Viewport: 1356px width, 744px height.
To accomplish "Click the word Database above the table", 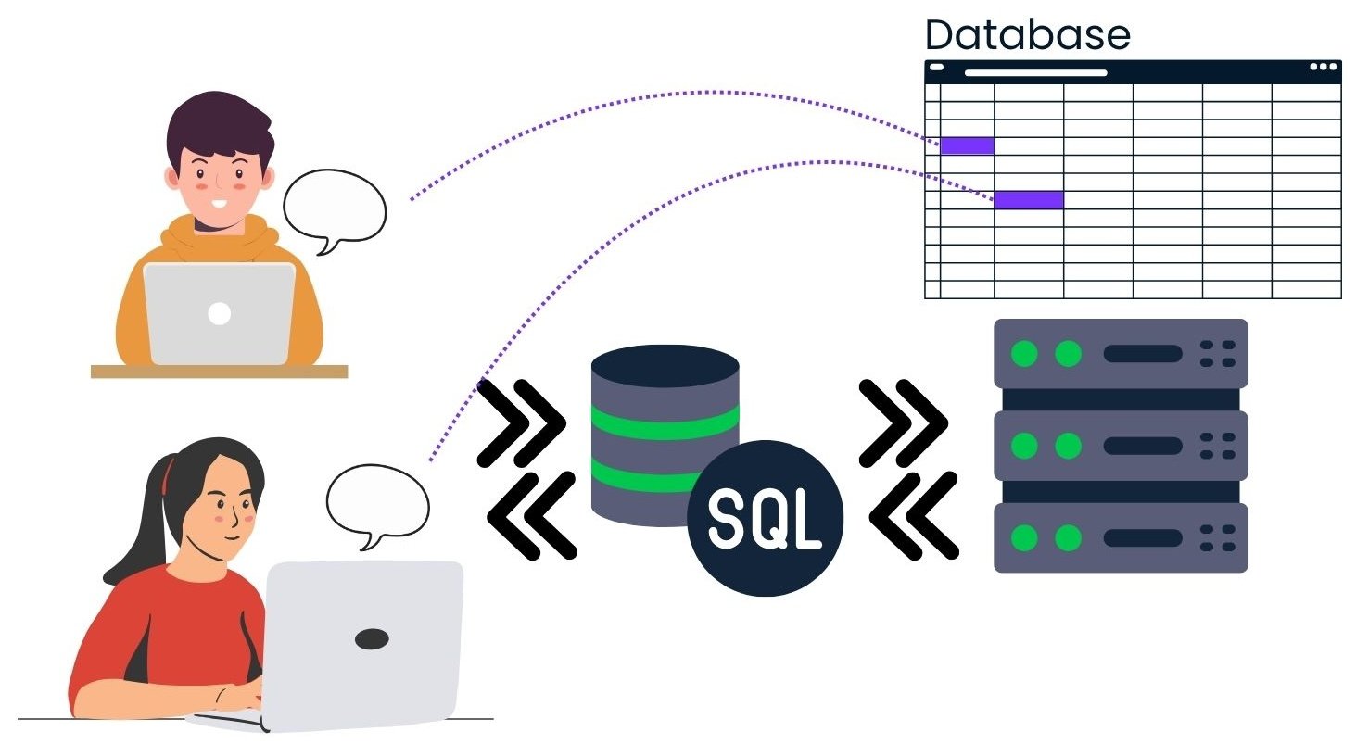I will pyautogui.click(x=1027, y=35).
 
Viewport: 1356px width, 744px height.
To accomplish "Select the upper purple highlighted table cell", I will pyautogui.click(x=967, y=145).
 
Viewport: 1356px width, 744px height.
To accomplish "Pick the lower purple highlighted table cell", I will pyautogui.click(x=1028, y=199).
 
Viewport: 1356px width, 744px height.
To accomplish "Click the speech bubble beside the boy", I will pyautogui.click(x=334, y=208).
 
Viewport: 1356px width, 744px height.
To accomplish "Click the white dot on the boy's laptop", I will pyautogui.click(x=219, y=313).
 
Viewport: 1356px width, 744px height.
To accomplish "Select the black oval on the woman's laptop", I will pyautogui.click(x=372, y=638).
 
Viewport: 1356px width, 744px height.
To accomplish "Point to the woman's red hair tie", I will pyautogui.click(x=168, y=475).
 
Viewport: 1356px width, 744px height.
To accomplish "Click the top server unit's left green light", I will pyautogui.click(x=1024, y=353).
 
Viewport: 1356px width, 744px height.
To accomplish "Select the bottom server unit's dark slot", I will pyautogui.click(x=1142, y=538).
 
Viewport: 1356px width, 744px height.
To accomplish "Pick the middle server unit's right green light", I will pyautogui.click(x=1069, y=446).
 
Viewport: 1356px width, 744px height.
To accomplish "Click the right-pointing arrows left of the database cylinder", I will pyautogui.click(x=521, y=422).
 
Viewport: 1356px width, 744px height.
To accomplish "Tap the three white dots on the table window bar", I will pyautogui.click(x=1323, y=67).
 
